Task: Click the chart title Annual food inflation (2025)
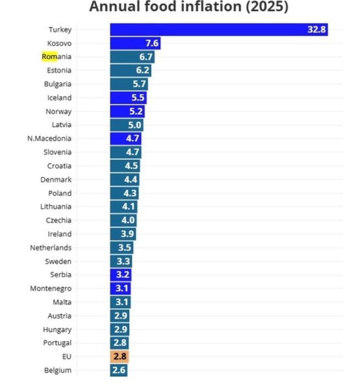(189, 7)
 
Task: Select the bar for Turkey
(219, 29)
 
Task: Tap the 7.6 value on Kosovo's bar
(152, 44)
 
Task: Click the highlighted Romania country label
(57, 57)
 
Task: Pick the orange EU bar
(119, 356)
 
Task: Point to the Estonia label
(59, 70)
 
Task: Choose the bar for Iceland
(128, 98)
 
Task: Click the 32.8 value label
(317, 29)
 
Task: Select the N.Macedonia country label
(49, 138)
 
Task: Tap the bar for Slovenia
(126, 152)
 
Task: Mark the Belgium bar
(119, 370)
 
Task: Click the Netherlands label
(50, 248)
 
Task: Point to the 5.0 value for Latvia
(134, 125)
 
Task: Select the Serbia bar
(121, 275)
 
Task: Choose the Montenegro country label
(50, 289)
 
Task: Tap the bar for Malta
(120, 302)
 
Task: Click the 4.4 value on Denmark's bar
(130, 179)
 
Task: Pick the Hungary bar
(120, 330)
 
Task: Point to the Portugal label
(58, 343)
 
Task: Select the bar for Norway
(127, 111)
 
